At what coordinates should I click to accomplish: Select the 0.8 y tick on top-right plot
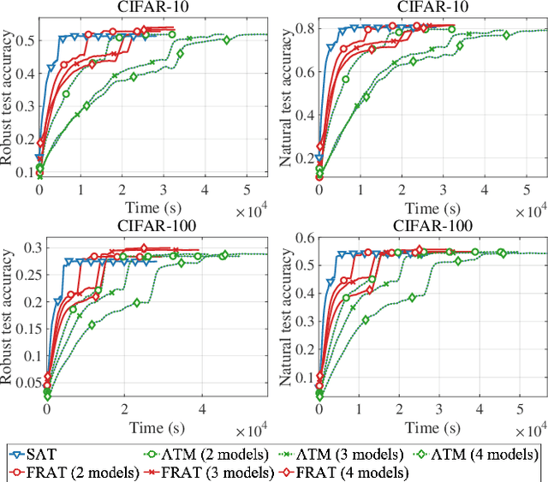[304, 30]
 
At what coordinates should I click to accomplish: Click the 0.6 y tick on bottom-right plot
[304, 237]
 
